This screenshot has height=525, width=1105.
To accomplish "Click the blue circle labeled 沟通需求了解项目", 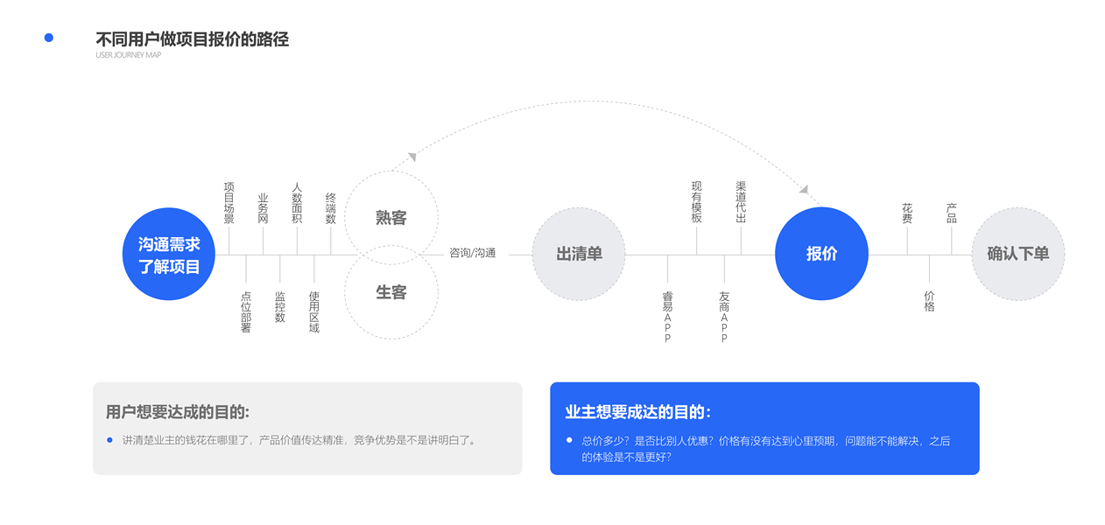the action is [169, 255].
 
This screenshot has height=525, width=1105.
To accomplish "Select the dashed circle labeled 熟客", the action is [391, 218].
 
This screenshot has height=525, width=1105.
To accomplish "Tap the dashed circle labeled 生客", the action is [391, 292].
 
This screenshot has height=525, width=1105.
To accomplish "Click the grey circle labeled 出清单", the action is [579, 254].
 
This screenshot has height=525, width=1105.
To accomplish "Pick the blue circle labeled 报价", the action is [821, 254].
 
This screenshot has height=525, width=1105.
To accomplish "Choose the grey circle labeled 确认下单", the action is [1017, 254].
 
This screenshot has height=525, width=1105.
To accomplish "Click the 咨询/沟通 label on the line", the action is [473, 253].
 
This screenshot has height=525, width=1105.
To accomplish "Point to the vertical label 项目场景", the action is [229, 203].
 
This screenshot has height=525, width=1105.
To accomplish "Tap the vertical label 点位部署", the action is [246, 312].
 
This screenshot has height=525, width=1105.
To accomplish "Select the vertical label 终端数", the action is [331, 208].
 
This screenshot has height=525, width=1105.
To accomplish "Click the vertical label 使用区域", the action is [314, 312].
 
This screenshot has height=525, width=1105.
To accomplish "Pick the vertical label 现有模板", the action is [697, 202].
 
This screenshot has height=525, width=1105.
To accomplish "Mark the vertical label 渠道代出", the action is [741, 202].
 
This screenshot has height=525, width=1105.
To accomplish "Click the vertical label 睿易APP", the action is [667, 317].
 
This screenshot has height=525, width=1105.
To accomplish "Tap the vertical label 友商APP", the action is [724, 317].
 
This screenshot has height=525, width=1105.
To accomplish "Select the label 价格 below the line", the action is [929, 301].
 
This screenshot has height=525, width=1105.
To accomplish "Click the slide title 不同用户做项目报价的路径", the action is [192, 39].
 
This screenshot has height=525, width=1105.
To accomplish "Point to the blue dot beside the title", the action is [49, 38].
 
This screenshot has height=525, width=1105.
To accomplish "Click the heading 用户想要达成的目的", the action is [177, 412].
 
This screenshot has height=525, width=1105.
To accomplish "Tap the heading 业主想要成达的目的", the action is [637, 412].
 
